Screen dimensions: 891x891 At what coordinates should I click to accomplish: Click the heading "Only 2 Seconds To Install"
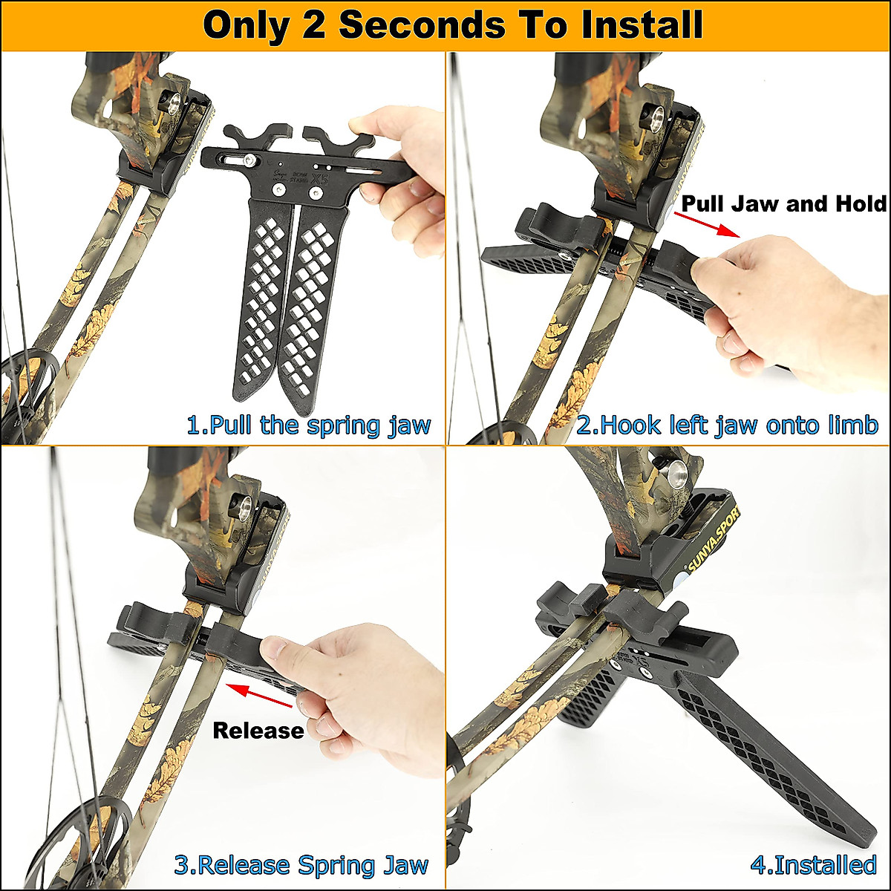point(452,25)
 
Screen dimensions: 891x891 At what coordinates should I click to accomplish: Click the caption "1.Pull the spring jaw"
point(308,425)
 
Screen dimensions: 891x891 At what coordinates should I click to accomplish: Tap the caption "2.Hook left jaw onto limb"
point(727,425)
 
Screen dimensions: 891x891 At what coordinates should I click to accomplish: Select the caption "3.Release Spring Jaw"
point(301,865)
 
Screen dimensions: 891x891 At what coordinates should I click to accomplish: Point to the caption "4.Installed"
point(813,865)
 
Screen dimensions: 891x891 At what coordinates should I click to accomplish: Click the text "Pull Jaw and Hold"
point(784,203)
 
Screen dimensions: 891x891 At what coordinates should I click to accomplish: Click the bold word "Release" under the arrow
point(258,731)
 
